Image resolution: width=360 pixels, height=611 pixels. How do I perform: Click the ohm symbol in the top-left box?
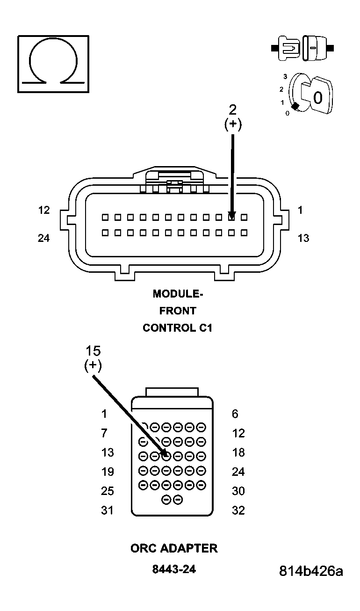click(x=53, y=63)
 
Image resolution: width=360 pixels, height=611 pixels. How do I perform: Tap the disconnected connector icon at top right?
click(x=302, y=48)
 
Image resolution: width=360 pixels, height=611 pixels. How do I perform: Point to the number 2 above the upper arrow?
click(x=232, y=110)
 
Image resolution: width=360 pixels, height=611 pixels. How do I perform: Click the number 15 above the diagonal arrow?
click(x=93, y=351)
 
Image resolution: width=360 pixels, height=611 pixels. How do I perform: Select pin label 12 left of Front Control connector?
click(x=44, y=211)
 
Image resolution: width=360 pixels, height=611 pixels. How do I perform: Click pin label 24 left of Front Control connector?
click(x=44, y=238)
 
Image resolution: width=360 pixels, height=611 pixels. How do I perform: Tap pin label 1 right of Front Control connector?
click(x=300, y=211)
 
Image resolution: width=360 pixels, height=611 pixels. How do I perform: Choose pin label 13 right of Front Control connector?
click(x=303, y=238)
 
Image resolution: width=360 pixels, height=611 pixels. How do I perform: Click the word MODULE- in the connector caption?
click(x=178, y=294)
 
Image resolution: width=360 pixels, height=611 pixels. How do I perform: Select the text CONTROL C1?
click(x=178, y=327)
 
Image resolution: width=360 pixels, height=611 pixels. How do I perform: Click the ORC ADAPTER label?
click(x=174, y=548)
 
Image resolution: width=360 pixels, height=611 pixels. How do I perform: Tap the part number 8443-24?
click(x=174, y=569)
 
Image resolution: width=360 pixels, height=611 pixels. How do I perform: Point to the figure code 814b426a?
click(x=311, y=571)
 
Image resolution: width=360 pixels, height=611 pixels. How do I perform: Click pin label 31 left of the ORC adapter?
click(x=108, y=510)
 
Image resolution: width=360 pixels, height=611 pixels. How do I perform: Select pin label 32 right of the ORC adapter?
click(x=238, y=510)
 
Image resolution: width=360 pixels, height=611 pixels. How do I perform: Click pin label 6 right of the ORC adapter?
click(x=235, y=414)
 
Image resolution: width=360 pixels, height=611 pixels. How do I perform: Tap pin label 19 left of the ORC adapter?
click(x=108, y=472)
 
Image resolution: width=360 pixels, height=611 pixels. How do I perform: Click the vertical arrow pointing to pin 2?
click(x=232, y=173)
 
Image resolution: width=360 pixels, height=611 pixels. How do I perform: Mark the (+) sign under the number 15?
click(x=93, y=365)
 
